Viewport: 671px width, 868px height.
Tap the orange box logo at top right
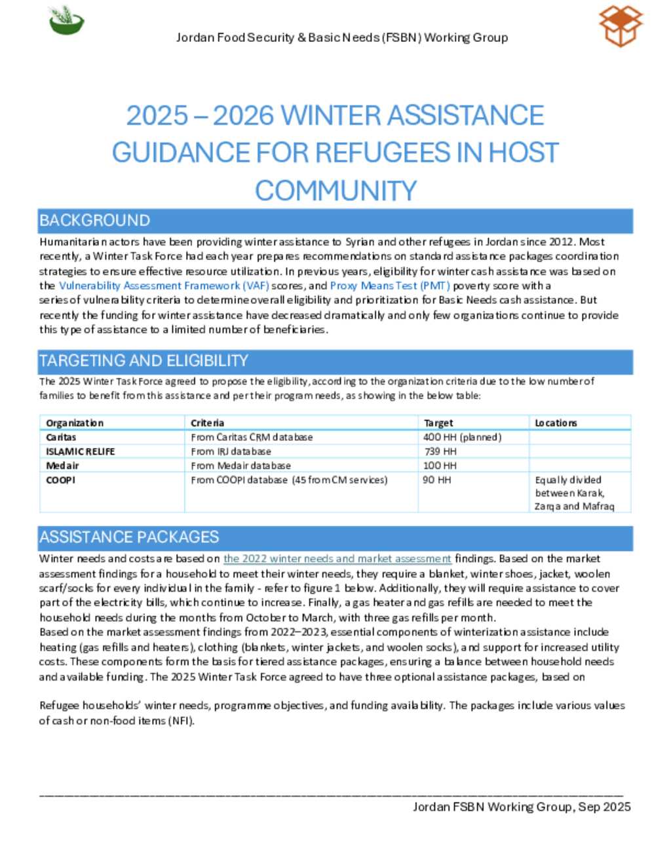tap(621, 26)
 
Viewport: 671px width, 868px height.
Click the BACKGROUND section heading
tap(95, 221)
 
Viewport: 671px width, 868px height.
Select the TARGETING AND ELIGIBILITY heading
tap(144, 361)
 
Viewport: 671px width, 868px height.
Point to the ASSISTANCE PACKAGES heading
tap(129, 537)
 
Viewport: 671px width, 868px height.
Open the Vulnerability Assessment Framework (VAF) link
tap(164, 286)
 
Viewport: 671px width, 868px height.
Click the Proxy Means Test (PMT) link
tap(390, 286)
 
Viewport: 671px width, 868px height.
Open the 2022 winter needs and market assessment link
tap(337, 559)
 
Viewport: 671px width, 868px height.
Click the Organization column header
tap(75, 423)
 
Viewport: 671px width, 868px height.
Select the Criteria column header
tap(208, 423)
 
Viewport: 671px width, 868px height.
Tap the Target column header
tap(438, 423)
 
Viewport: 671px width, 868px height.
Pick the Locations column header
tap(556, 423)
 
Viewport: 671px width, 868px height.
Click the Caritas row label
tap(61, 437)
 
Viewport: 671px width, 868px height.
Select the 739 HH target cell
tap(440, 451)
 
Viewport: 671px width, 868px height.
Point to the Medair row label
tap(62, 466)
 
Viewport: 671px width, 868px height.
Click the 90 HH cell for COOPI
tap(437, 480)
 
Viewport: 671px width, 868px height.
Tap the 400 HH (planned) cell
tap(462, 437)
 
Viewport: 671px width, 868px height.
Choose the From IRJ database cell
tap(231, 451)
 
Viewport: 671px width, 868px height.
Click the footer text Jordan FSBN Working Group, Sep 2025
tap(522, 807)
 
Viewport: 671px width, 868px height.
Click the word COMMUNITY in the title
tap(335, 191)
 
